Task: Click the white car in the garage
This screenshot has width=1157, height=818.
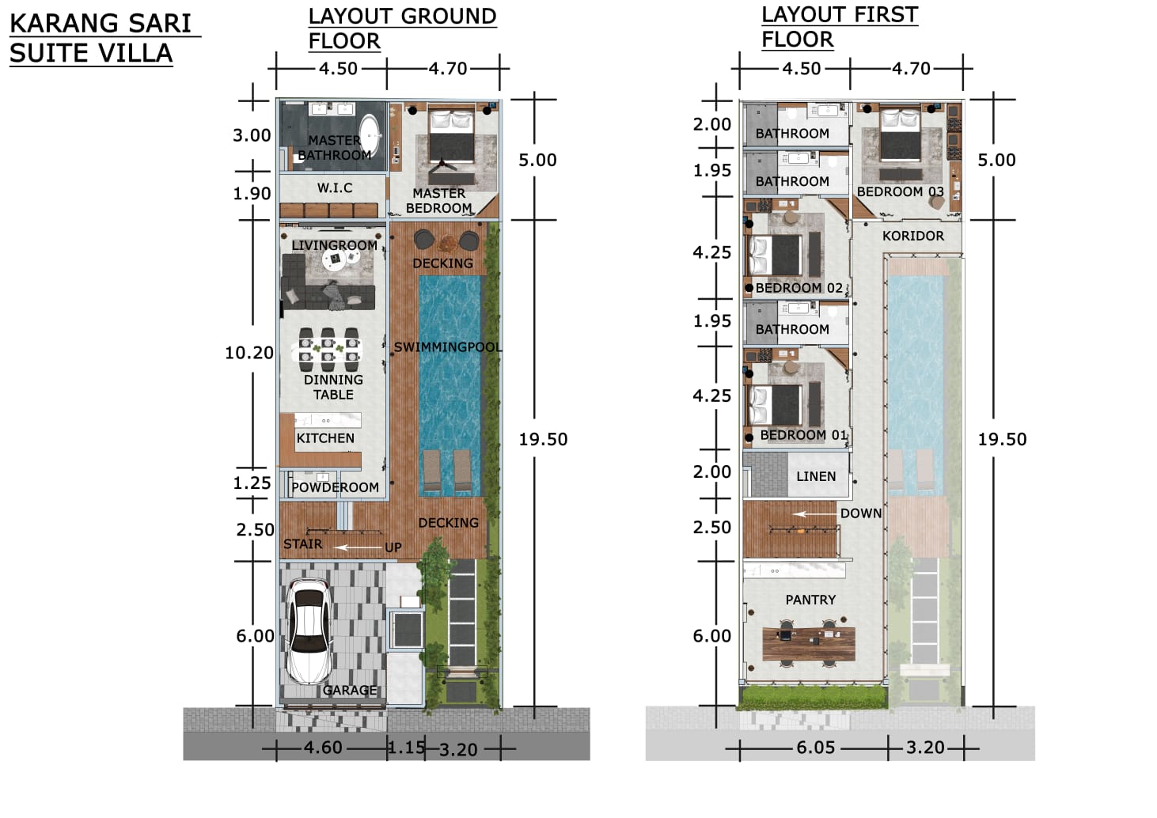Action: (x=309, y=631)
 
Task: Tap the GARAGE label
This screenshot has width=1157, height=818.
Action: (x=350, y=690)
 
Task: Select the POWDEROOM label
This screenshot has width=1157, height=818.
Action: (x=336, y=487)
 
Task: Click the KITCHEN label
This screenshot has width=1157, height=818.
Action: (x=325, y=438)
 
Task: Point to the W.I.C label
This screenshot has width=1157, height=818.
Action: (x=335, y=188)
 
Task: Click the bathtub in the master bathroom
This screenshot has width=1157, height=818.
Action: (x=370, y=135)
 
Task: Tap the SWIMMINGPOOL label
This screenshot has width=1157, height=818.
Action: (x=448, y=347)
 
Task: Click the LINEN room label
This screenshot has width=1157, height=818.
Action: (x=816, y=476)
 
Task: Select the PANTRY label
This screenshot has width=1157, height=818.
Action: (x=810, y=600)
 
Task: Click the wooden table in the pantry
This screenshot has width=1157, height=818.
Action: (x=809, y=644)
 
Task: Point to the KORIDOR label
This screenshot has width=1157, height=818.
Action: (x=913, y=236)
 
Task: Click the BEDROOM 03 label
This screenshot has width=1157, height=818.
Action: (x=901, y=191)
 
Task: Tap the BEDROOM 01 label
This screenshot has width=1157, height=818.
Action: (x=804, y=435)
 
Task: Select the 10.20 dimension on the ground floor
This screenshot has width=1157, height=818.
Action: (x=249, y=353)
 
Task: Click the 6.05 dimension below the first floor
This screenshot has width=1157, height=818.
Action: (x=816, y=748)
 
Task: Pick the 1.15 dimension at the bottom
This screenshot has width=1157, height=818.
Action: (x=407, y=748)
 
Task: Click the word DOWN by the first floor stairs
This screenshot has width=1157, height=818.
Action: (x=861, y=513)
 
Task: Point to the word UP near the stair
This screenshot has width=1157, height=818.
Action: (x=393, y=547)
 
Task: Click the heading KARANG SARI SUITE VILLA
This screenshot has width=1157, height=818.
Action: (x=101, y=38)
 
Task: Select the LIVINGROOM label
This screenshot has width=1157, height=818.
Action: (x=334, y=245)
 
